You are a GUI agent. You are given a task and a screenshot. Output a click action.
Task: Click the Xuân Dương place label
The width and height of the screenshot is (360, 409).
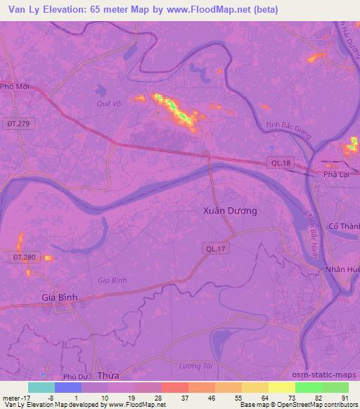(x=229, y=210)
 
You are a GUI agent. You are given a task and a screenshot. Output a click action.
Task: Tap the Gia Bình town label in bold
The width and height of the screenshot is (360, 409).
(x=60, y=297)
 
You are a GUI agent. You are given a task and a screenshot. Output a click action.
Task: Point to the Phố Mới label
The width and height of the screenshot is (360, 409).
(x=15, y=86)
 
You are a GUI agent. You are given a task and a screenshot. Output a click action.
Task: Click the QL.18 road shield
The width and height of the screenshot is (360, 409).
(x=281, y=163)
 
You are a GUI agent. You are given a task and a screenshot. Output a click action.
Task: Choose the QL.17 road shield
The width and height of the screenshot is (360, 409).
(x=214, y=248)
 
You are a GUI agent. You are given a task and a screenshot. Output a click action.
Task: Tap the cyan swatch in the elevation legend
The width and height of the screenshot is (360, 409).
(x=41, y=387)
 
